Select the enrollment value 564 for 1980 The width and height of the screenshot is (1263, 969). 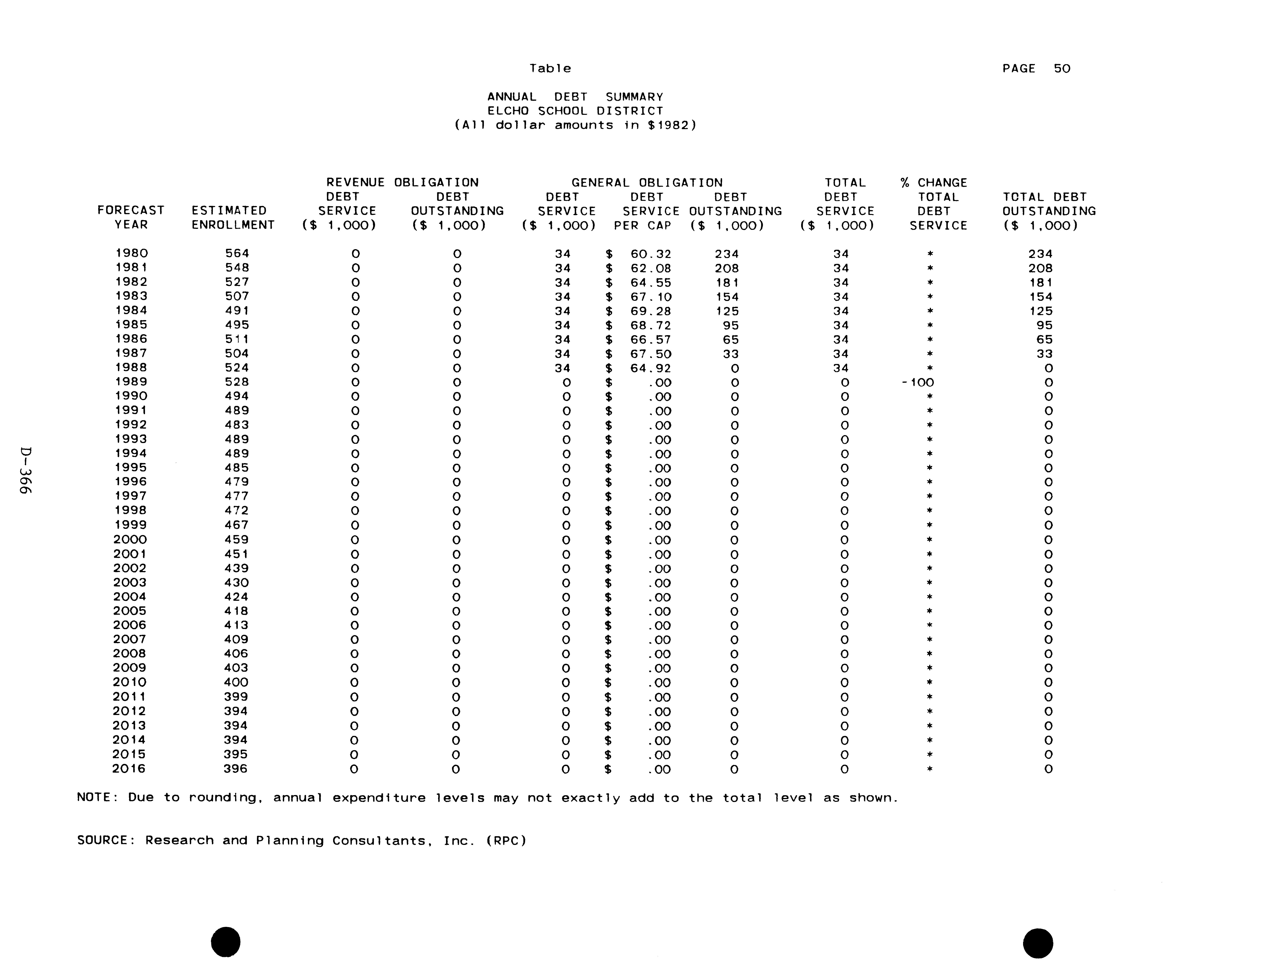coord(237,253)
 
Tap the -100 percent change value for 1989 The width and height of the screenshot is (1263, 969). coord(918,382)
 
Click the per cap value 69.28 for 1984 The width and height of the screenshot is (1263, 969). coord(651,311)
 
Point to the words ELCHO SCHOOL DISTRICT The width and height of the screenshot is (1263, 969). coord(575,111)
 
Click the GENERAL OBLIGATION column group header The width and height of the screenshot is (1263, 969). coord(647,183)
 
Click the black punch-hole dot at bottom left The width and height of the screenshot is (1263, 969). coord(225,942)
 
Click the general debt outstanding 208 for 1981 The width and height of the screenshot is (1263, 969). coord(727,268)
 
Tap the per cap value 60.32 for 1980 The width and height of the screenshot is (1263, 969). coord(651,254)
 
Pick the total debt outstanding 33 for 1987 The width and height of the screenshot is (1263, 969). coord(1044,354)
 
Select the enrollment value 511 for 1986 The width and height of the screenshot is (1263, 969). coord(237,339)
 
